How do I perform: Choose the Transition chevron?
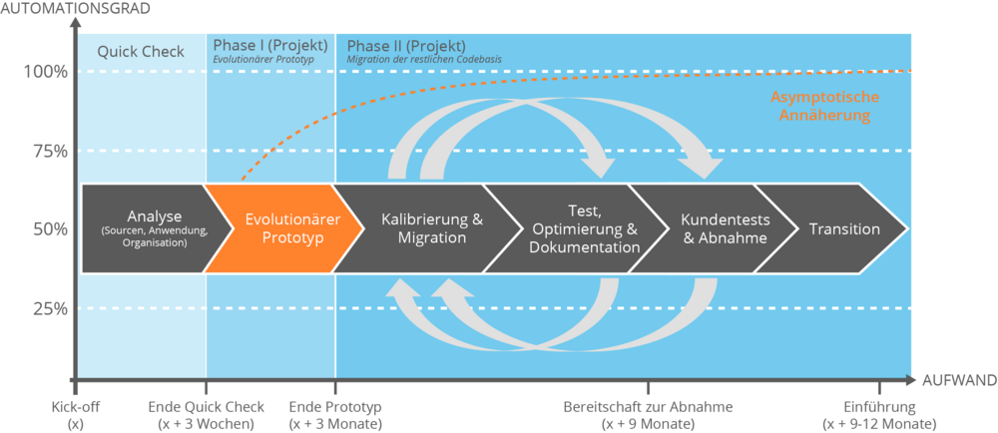click(x=844, y=228)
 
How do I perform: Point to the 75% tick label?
click(x=49, y=151)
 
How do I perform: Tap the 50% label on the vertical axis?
click(x=49, y=228)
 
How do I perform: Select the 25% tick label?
click(x=49, y=308)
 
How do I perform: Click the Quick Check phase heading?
click(x=141, y=51)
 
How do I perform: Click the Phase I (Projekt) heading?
click(x=269, y=46)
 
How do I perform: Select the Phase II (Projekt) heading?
click(x=405, y=46)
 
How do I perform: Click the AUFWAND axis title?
click(x=958, y=381)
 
